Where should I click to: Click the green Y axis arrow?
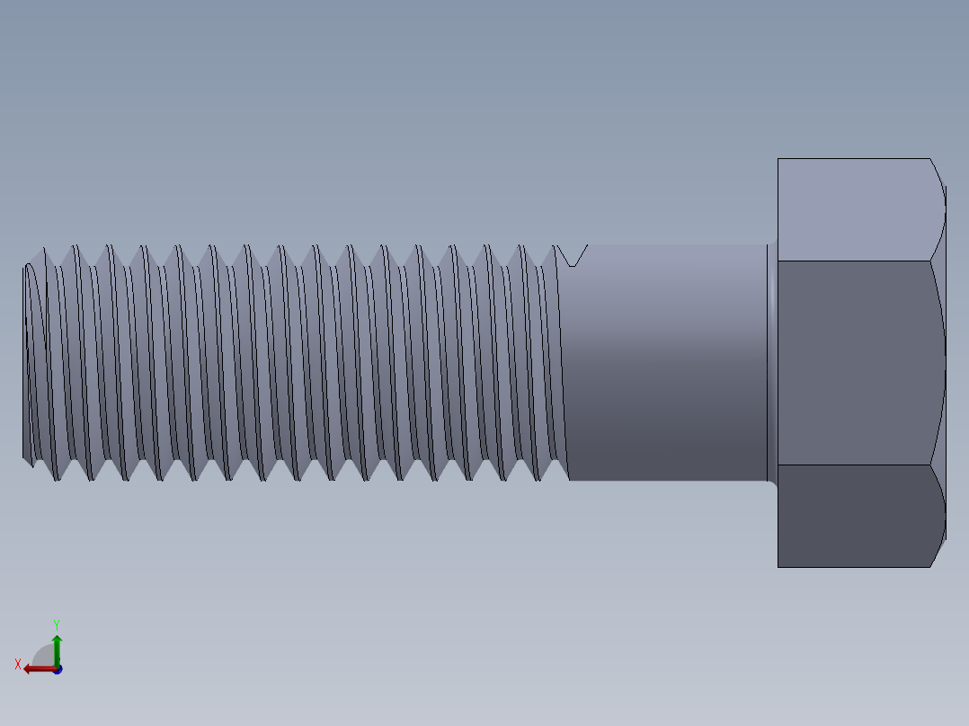click(x=57, y=645)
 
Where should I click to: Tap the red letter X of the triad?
click(x=18, y=665)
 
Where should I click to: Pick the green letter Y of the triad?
click(x=57, y=624)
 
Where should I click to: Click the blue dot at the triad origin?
click(x=58, y=669)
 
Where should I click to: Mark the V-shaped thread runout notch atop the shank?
click(x=571, y=256)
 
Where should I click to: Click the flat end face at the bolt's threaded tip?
click(x=24, y=359)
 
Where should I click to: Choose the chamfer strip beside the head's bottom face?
click(x=938, y=516)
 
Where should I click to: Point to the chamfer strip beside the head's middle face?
click(x=938, y=363)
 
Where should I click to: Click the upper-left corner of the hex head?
click(x=778, y=160)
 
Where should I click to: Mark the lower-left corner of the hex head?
click(x=778, y=566)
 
